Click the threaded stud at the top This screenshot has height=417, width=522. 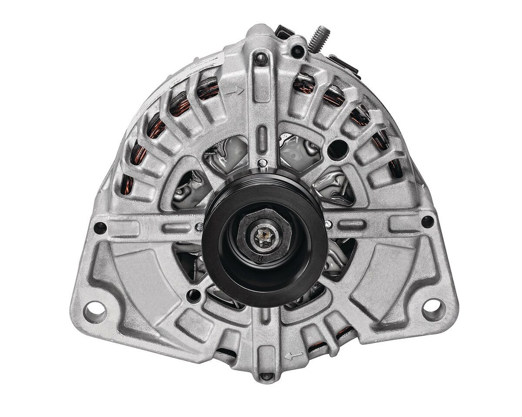click(320, 38)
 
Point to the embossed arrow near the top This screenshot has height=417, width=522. click(235, 92)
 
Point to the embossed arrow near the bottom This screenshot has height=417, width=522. click(293, 356)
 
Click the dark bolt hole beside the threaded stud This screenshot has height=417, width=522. click(298, 52)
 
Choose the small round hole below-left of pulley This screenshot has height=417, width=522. click(194, 295)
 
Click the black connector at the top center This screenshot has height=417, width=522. click(284, 32)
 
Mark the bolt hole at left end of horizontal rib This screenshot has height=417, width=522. click(100, 228)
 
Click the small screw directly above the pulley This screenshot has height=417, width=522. click(262, 163)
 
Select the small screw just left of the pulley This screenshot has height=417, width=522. click(199, 227)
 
